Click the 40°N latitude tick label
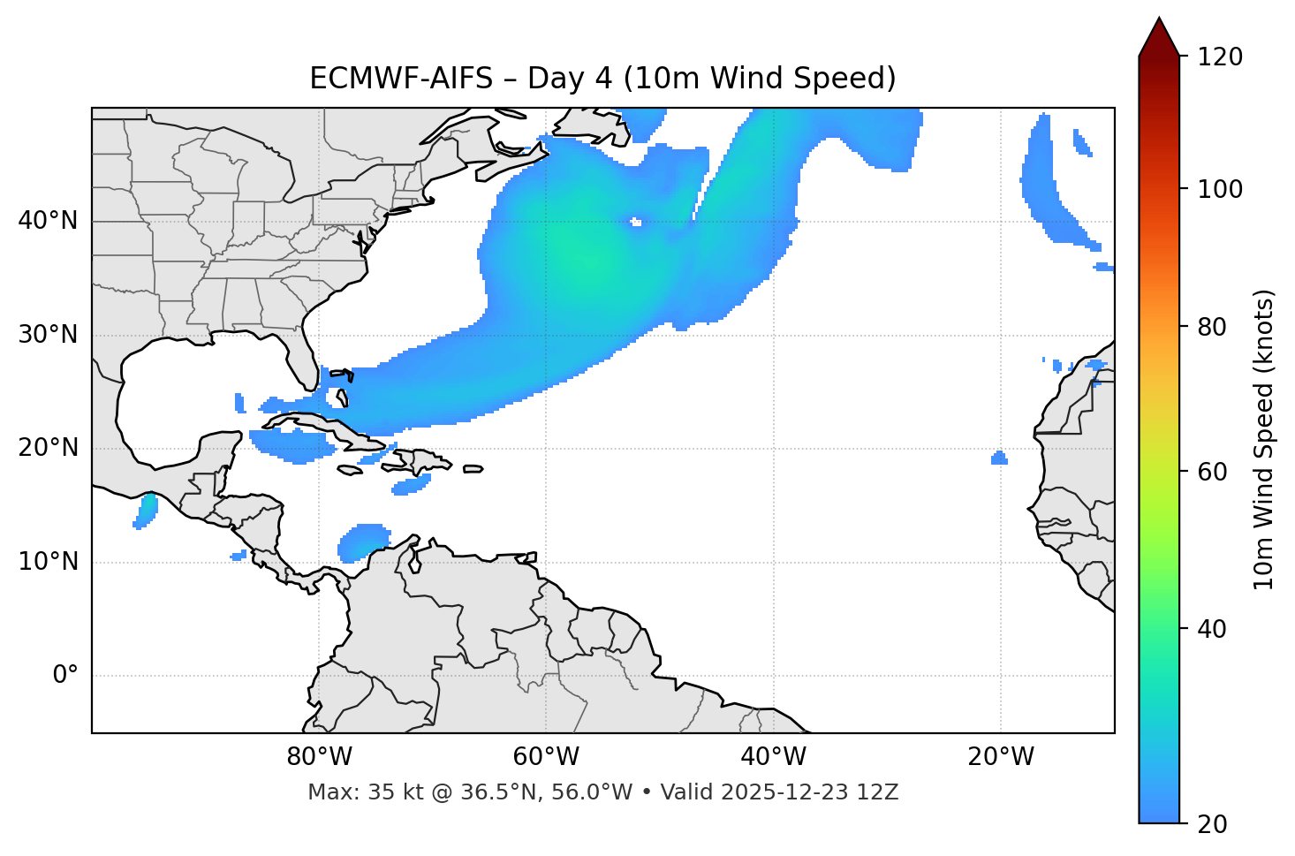pos(48,221)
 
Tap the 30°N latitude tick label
pos(48,335)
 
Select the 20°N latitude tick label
pos(48,448)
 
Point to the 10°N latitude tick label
pos(48,562)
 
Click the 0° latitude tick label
pos(65,676)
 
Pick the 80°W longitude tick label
pos(319,757)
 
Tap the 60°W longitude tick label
pos(546,757)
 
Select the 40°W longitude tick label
pos(773,757)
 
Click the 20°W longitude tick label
pos(1001,757)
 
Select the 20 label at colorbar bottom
pos(1212,824)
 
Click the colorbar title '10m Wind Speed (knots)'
pos(1264,439)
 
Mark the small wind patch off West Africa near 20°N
pos(999,458)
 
